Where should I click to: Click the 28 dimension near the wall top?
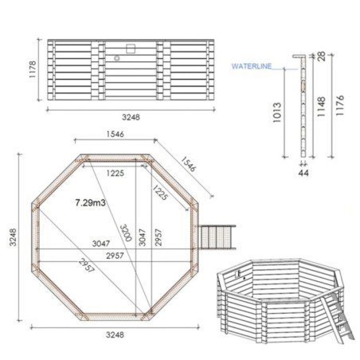319,57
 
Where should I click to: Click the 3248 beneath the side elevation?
131,116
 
